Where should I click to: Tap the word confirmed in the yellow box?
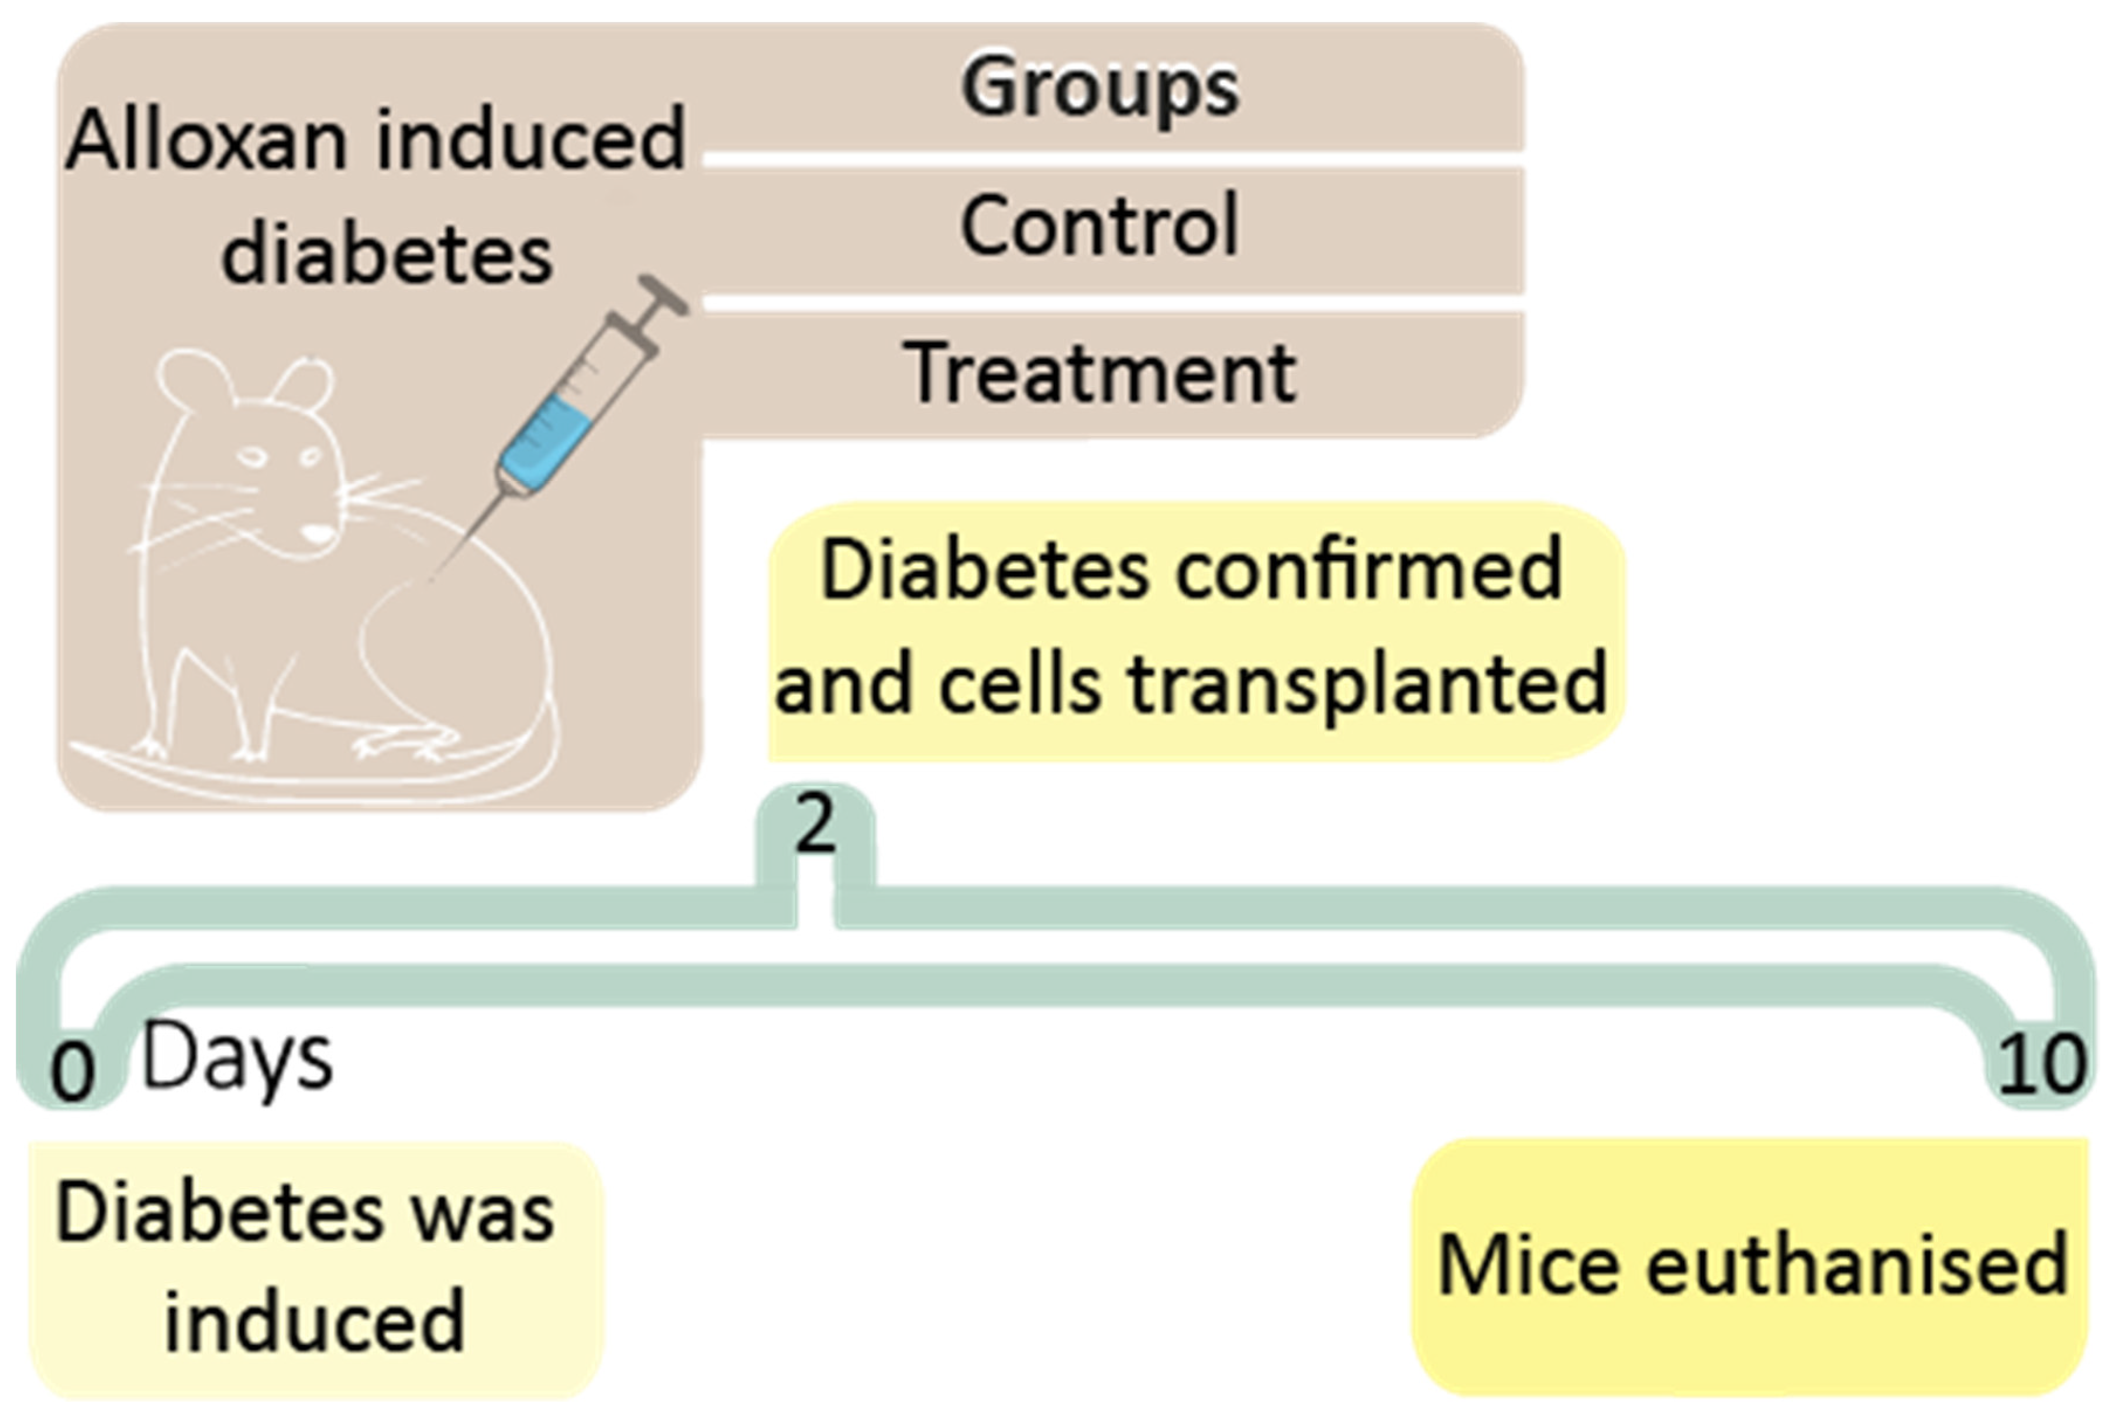(x=1368, y=570)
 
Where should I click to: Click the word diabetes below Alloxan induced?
(x=386, y=256)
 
